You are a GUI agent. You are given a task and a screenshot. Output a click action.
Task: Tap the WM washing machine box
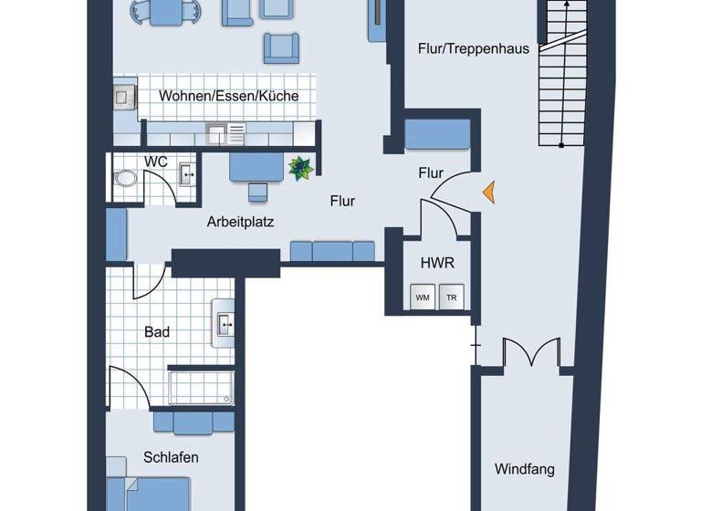423,297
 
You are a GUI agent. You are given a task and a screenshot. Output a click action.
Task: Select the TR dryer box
451,297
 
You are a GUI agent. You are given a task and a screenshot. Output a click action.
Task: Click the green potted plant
300,167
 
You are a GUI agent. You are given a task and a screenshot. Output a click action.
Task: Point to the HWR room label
436,263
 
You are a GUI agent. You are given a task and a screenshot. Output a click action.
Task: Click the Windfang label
524,470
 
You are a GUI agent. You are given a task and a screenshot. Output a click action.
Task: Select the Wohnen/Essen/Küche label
228,96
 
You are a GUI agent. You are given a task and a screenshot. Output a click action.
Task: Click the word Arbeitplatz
241,221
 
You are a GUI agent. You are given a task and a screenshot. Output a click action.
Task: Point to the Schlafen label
171,456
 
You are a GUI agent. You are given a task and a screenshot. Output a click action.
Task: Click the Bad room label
157,332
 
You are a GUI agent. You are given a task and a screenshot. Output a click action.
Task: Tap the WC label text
155,162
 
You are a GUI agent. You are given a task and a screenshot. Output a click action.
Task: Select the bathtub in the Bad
201,386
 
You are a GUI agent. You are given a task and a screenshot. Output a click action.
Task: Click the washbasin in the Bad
224,322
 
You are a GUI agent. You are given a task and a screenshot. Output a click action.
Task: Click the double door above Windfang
531,354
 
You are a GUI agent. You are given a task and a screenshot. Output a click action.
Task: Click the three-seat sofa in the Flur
332,252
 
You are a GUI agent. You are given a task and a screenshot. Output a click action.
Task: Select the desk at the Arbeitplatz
256,167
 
